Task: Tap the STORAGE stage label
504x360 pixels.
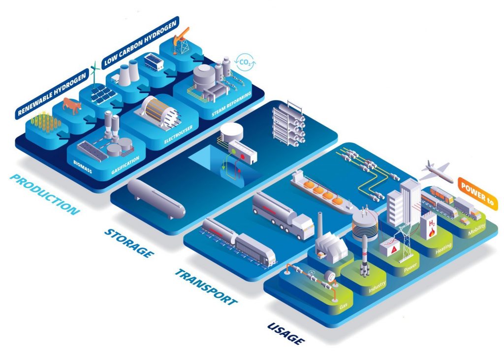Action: pyautogui.click(x=127, y=243)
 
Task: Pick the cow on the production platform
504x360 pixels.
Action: pyautogui.click(x=72, y=105)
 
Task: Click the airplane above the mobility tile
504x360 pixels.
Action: pyautogui.click(x=435, y=170)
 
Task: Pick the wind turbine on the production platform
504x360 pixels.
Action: pyautogui.click(x=95, y=72)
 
